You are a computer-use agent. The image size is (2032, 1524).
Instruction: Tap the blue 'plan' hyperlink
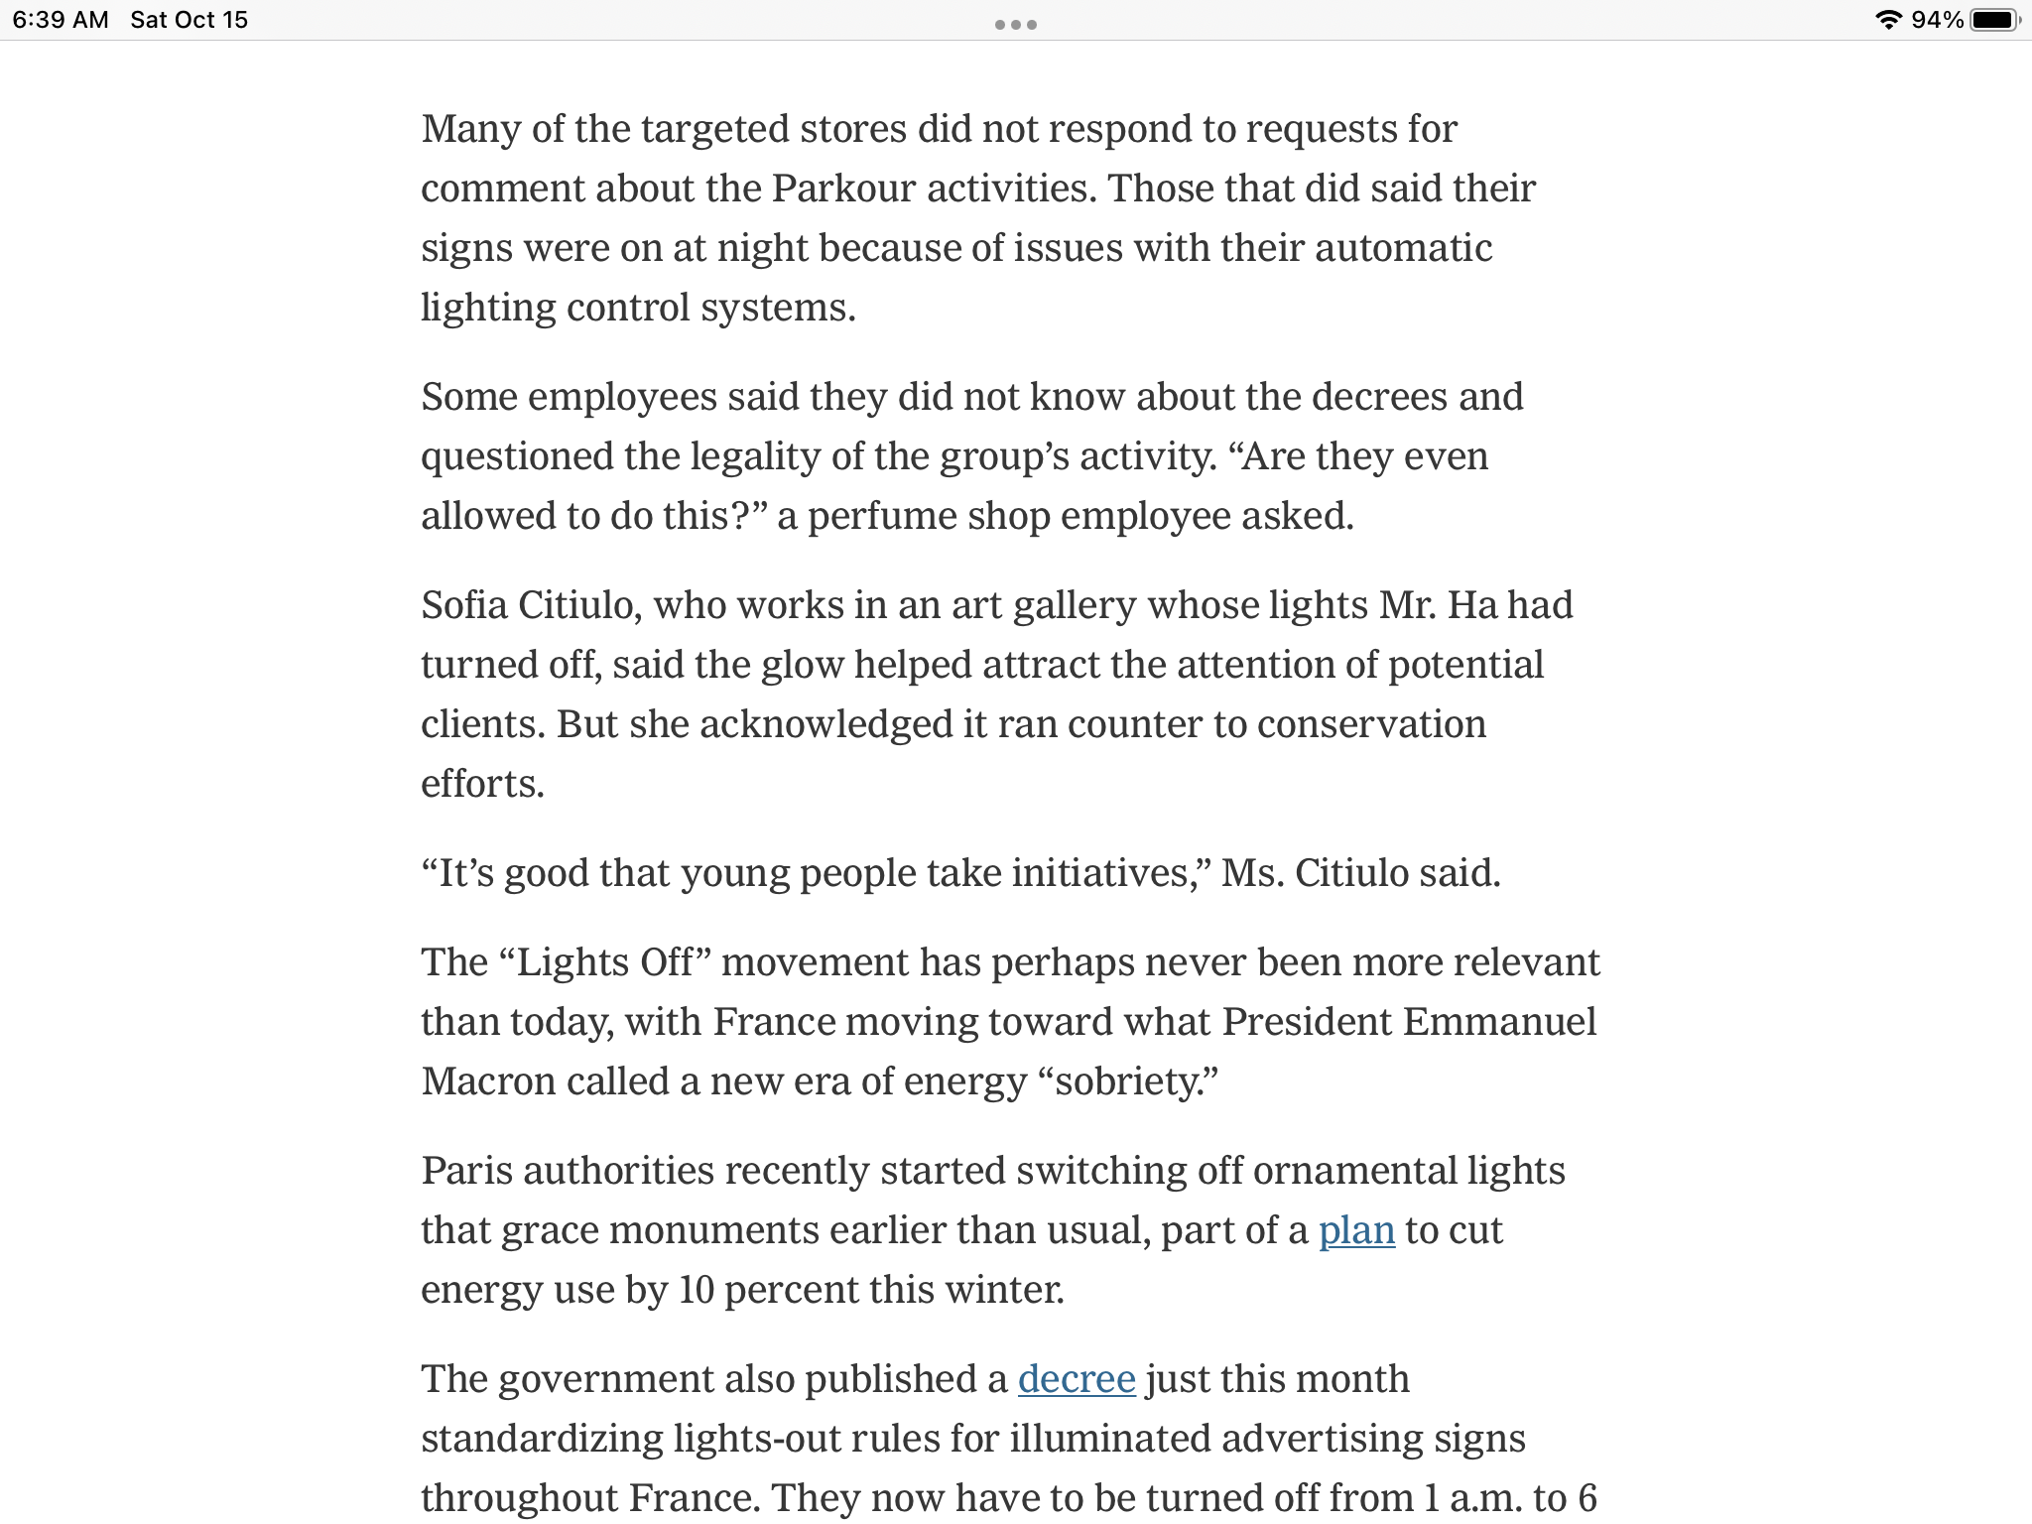[1356, 1230]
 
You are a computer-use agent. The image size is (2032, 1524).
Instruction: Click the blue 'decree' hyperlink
[1077, 1379]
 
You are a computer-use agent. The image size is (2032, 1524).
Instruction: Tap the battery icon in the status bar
[1995, 20]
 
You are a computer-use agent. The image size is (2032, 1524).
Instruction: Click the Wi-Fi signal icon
[1888, 20]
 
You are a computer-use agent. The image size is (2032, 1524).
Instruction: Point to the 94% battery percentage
[1937, 20]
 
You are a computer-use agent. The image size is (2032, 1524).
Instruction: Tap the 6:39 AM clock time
[61, 20]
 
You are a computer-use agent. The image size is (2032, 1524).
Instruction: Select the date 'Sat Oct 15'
[189, 20]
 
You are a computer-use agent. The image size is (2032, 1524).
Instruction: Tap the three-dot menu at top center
[1015, 25]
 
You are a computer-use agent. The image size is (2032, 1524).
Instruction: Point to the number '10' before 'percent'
[697, 1290]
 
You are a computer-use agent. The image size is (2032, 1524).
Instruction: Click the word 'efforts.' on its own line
[482, 784]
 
